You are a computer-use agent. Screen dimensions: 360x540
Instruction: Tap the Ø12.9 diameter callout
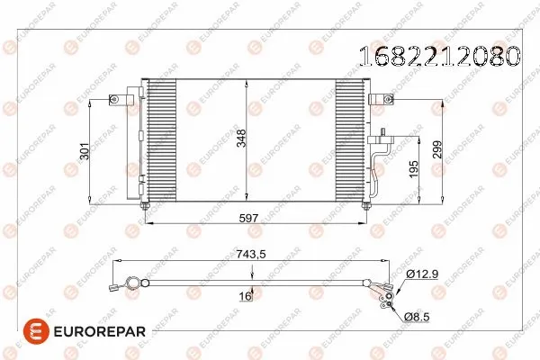point(422,274)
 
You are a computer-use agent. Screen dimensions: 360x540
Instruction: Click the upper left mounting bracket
point(116,100)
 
